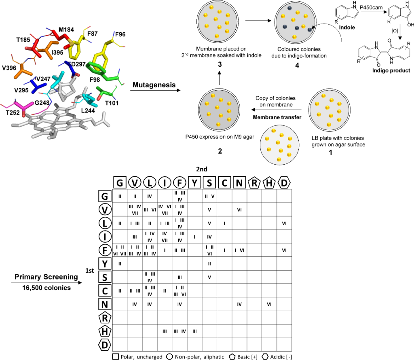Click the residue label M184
coord(66,29)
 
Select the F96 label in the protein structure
coord(120,34)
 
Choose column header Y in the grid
coord(194,183)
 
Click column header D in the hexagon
coord(284,183)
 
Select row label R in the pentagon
coord(105,317)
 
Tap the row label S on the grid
coord(105,277)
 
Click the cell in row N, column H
coord(269,303)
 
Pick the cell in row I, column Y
coord(194,237)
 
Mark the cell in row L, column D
coord(284,223)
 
